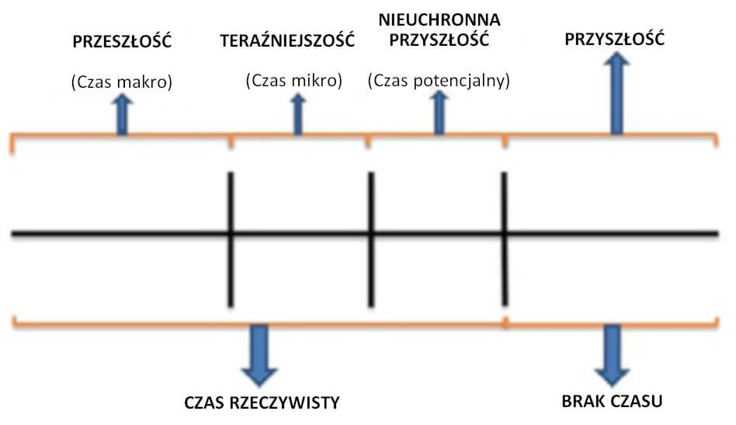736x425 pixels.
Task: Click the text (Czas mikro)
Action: [x=293, y=80]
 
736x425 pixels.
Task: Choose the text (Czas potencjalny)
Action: [x=439, y=80]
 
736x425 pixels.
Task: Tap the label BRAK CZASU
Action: [x=613, y=402]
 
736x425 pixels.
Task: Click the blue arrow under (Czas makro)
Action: [x=122, y=116]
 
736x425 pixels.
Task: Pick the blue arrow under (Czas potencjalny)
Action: [x=439, y=113]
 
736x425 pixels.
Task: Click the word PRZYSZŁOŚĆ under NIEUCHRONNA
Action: [x=439, y=40]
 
